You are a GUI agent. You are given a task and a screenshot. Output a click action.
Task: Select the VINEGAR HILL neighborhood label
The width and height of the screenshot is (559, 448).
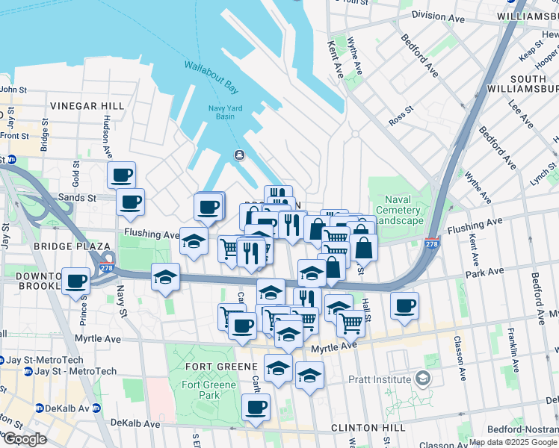point(84,106)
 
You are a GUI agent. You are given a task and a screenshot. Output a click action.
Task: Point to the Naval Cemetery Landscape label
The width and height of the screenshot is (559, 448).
point(404,210)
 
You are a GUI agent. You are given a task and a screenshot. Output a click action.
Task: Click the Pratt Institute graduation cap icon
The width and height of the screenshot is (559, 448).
point(424,379)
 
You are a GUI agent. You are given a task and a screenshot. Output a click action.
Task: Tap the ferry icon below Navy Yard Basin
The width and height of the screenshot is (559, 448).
point(238,155)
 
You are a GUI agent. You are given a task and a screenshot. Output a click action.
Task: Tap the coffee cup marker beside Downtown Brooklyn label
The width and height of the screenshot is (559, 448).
point(76,281)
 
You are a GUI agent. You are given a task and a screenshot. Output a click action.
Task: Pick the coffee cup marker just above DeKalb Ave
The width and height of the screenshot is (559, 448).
point(256,407)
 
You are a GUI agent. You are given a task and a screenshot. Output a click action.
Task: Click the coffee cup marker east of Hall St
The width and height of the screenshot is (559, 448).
point(404,305)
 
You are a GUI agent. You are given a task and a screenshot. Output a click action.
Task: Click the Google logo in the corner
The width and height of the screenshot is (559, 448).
point(24,439)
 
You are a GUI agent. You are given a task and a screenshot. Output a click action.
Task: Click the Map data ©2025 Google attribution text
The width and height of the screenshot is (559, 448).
point(513,442)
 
